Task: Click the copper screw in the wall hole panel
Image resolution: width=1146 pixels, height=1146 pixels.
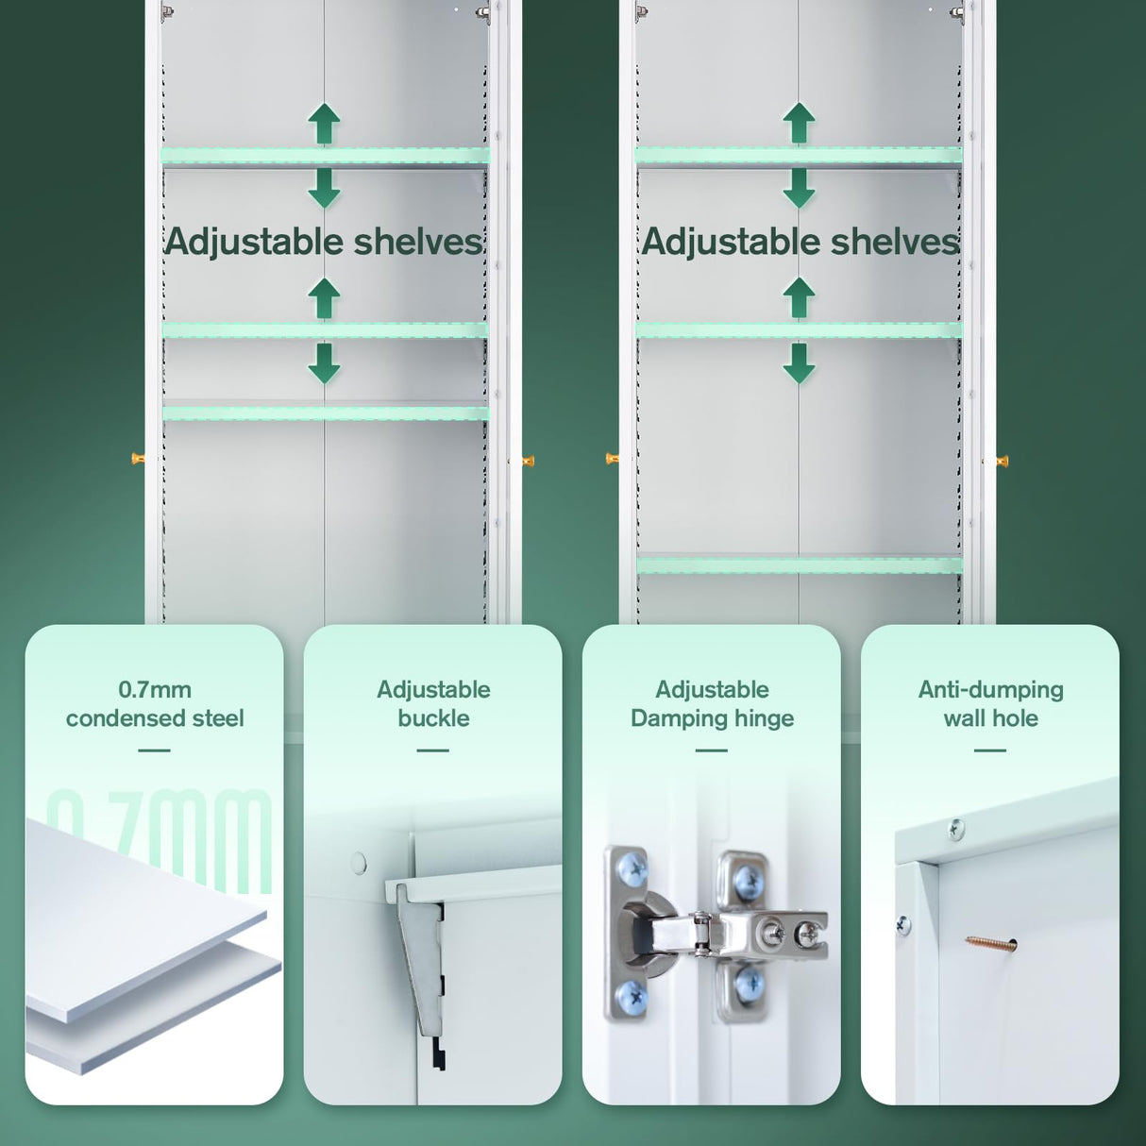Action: [x=990, y=942]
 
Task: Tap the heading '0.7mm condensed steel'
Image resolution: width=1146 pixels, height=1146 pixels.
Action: [x=155, y=704]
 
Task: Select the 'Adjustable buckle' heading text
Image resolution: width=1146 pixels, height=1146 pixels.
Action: [x=433, y=704]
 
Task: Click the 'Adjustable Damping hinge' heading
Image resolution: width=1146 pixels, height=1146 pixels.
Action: [x=712, y=704]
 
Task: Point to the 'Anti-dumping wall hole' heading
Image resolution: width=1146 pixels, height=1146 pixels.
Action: [x=990, y=704]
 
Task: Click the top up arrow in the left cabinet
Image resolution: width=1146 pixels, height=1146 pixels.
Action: [x=324, y=124]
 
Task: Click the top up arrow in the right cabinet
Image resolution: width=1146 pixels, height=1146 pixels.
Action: [x=799, y=124]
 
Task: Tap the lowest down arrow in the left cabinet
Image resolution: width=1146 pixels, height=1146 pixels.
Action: [x=324, y=363]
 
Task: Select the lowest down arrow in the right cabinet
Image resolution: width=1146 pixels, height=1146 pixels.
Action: [x=799, y=363]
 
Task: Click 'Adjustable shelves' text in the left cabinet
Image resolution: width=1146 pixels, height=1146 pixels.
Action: [x=324, y=243]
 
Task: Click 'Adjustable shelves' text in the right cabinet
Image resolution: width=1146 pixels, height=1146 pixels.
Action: [x=801, y=243]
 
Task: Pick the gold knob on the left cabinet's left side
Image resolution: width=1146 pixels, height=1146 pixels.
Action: [x=138, y=459]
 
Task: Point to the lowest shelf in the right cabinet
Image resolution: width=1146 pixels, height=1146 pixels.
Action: [x=799, y=565]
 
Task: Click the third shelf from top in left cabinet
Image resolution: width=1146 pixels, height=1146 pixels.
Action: [x=325, y=412]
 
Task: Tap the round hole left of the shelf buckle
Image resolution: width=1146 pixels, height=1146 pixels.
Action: [x=359, y=861]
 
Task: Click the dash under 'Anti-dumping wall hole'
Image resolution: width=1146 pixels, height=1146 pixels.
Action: [x=989, y=750]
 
